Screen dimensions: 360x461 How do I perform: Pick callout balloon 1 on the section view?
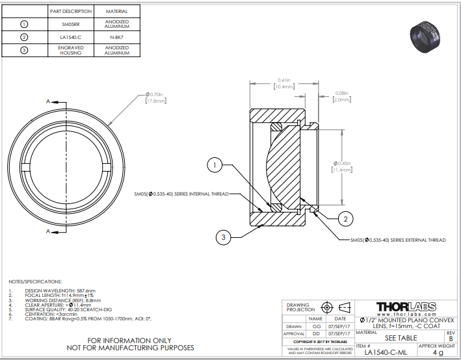tap(215, 166)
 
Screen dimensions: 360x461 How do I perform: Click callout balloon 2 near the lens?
tap(347, 218)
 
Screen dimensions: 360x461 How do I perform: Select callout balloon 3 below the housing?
tap(224, 238)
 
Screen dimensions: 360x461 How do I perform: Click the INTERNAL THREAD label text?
tap(181, 194)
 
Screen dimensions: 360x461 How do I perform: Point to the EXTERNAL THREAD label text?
tap(398, 240)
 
